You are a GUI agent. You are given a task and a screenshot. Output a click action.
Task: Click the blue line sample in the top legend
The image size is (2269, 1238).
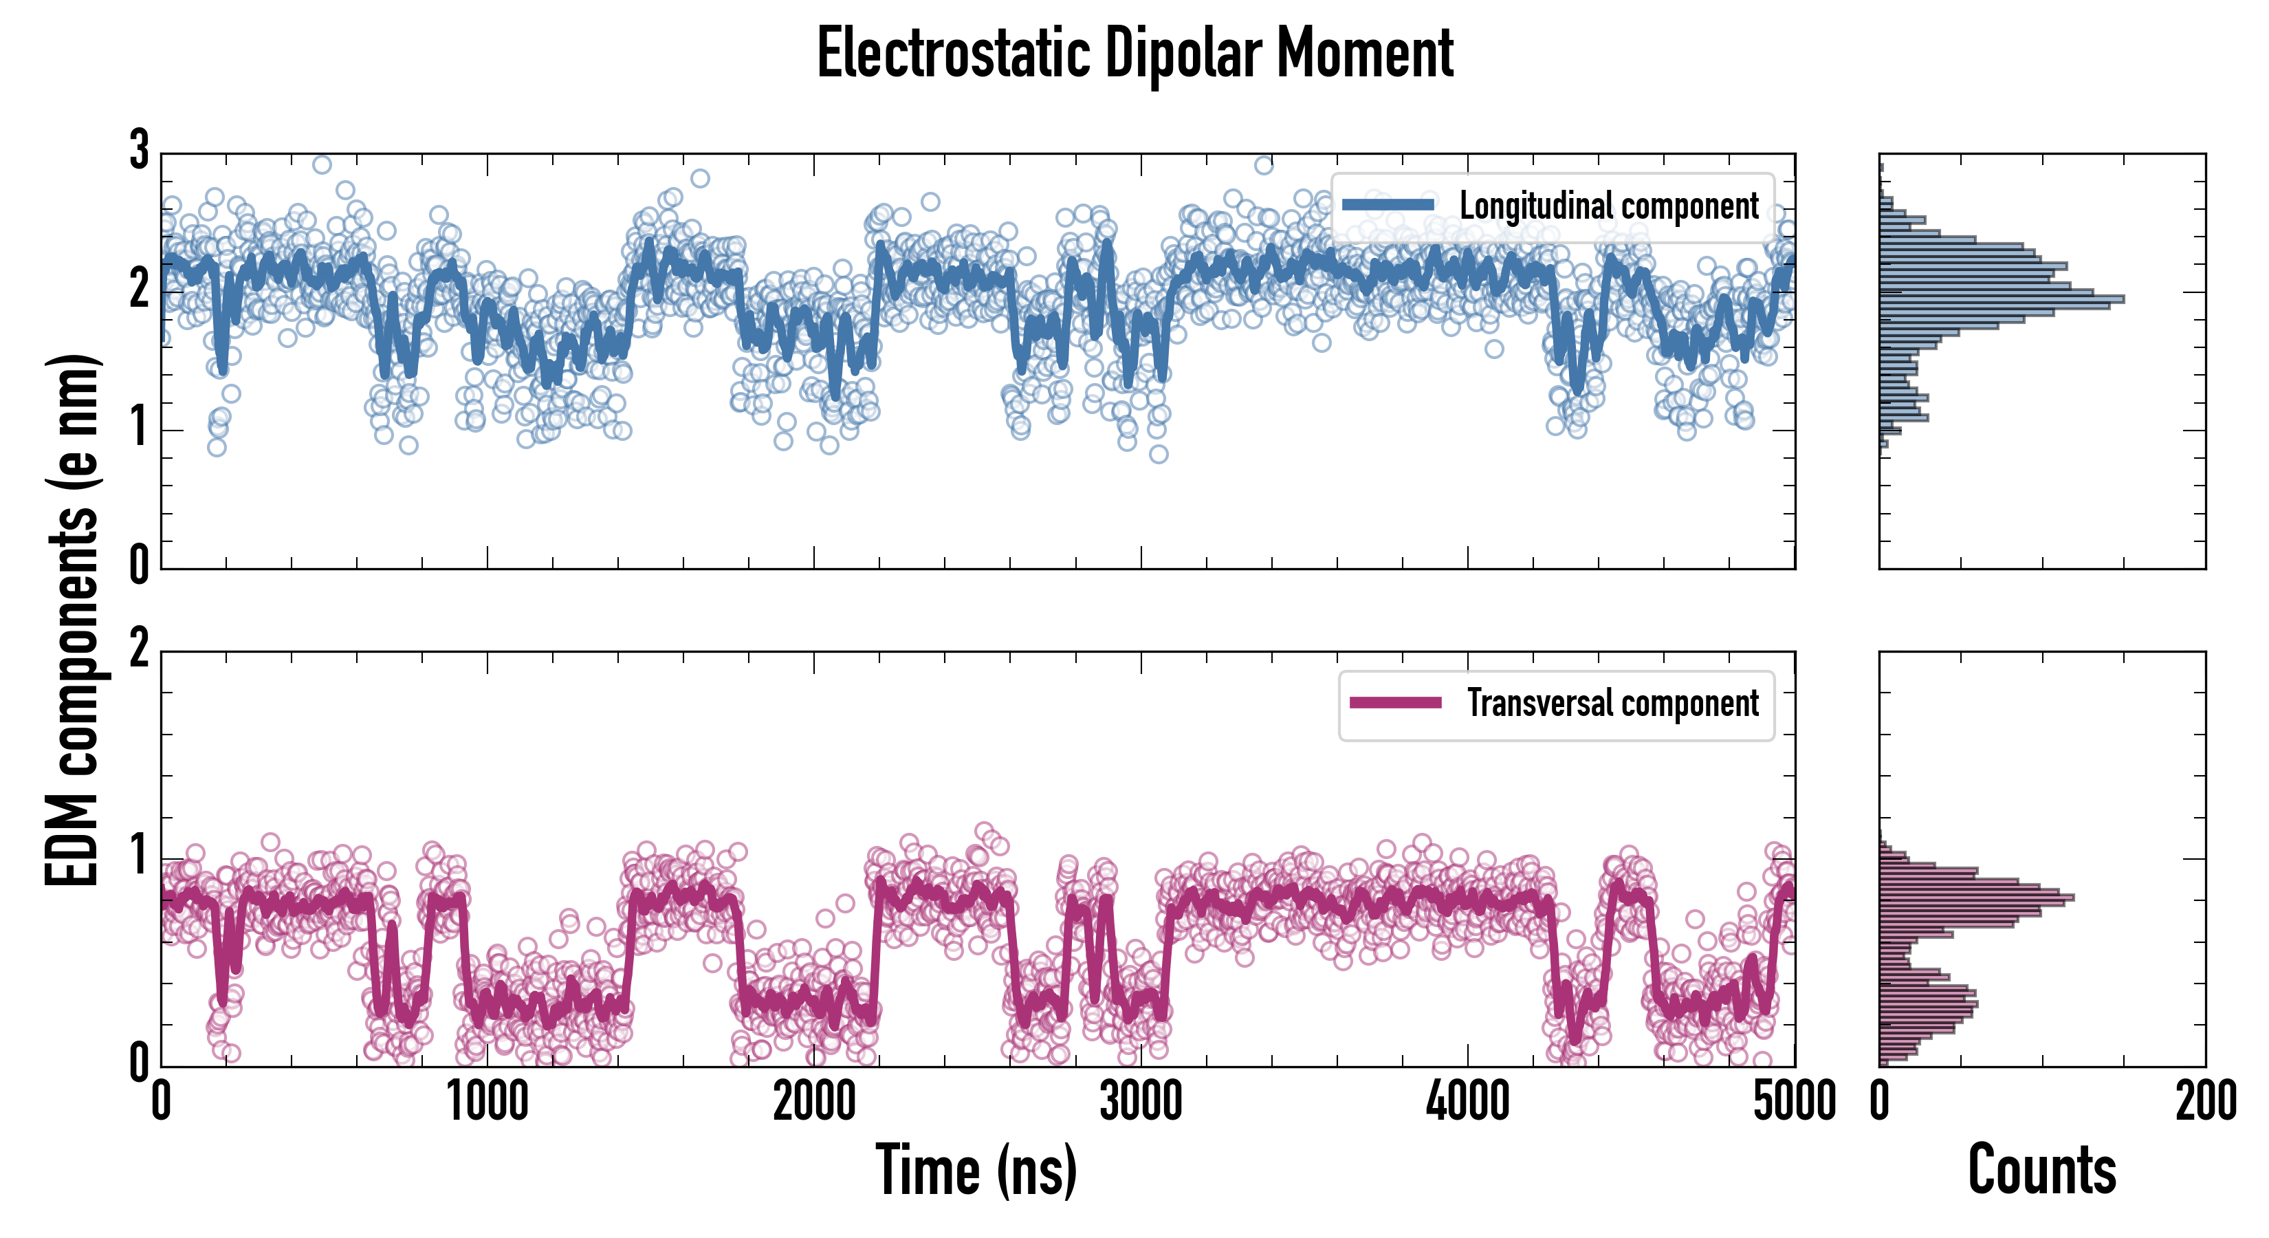[1388, 206]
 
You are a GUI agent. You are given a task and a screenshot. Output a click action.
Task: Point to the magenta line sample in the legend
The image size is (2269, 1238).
[1395, 703]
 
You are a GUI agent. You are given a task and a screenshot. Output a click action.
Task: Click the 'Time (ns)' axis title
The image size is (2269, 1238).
[976, 1170]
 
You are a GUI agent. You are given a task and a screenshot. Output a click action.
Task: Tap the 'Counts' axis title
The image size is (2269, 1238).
[2041, 1170]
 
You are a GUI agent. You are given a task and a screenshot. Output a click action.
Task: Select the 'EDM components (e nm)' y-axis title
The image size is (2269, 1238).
[72, 620]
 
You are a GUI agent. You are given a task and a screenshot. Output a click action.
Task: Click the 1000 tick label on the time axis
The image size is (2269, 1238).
[487, 1101]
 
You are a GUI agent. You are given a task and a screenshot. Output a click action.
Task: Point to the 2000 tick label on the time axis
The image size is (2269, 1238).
[814, 1101]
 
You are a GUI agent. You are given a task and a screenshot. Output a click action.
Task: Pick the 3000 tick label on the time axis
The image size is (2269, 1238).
[1141, 1101]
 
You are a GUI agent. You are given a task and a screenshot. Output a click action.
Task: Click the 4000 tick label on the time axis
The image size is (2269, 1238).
[1467, 1101]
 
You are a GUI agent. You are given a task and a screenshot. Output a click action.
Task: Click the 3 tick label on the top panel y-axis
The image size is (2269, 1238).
[139, 151]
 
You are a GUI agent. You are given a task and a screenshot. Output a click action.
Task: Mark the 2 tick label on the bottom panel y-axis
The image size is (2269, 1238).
[139, 650]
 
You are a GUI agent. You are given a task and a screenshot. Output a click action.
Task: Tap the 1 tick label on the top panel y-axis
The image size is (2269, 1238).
[139, 429]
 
